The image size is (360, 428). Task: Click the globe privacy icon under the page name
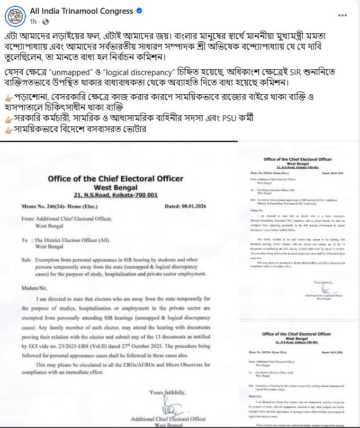click(46, 21)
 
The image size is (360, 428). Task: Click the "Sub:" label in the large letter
click(26, 260)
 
